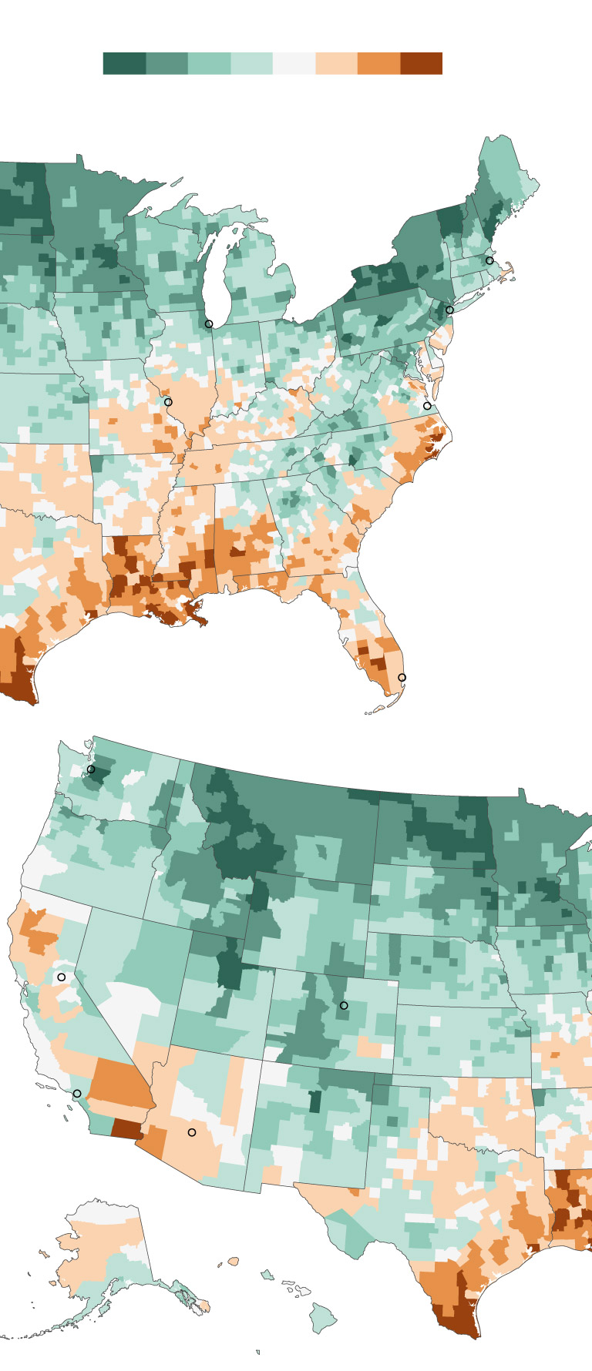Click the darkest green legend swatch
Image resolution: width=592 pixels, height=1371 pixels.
[x=124, y=63]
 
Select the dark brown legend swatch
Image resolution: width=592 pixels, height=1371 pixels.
[x=422, y=63]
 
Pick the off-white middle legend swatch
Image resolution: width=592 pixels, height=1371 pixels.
[x=294, y=63]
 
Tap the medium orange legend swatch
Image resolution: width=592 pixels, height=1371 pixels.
[x=379, y=63]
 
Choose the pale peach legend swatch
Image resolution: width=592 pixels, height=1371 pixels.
[x=337, y=63]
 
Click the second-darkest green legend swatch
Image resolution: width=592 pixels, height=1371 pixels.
[x=166, y=63]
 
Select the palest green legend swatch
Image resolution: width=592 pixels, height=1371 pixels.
[x=252, y=63]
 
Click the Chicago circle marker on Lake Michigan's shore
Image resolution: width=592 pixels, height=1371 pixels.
[x=209, y=324]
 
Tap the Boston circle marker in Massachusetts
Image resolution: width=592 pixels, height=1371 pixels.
[x=489, y=261]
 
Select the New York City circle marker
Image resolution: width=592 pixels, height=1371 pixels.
[x=450, y=310]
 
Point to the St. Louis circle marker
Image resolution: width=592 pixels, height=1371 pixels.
[x=168, y=402]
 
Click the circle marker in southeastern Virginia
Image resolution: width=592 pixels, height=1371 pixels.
[x=427, y=406]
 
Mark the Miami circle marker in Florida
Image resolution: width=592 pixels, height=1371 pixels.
[x=402, y=678]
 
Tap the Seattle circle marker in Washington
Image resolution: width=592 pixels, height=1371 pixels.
[x=91, y=769]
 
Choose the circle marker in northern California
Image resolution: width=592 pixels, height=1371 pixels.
[x=62, y=977]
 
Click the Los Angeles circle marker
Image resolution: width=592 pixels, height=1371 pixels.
[x=77, y=1094]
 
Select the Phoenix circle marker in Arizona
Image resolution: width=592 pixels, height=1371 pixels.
[x=192, y=1132]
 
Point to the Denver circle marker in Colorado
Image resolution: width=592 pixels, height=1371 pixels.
[x=344, y=1006]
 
